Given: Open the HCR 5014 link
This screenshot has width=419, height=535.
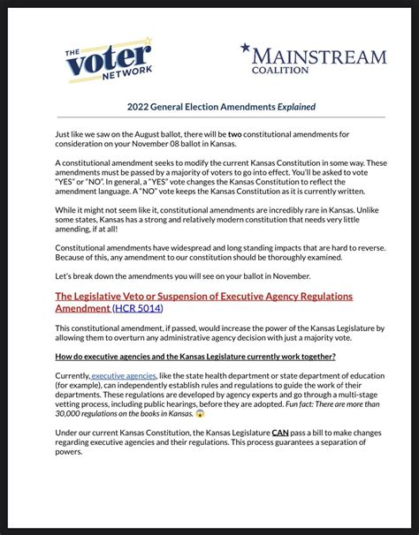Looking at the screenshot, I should tap(138, 309).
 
